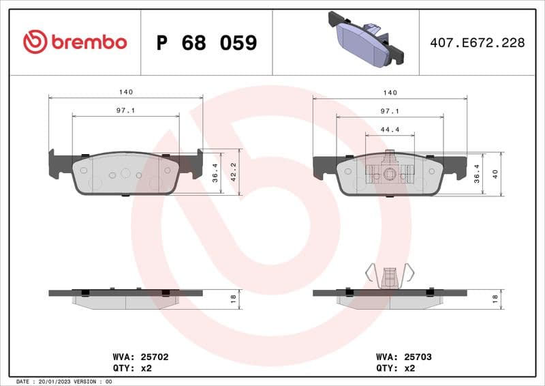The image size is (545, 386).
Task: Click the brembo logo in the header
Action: pyautogui.click(x=75, y=42)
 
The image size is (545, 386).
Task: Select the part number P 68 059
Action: pyautogui.click(x=206, y=43)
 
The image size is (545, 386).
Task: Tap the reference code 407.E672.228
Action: pyautogui.click(x=477, y=43)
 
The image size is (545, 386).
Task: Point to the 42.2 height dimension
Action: pyautogui.click(x=233, y=173)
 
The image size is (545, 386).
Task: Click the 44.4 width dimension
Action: pyautogui.click(x=390, y=129)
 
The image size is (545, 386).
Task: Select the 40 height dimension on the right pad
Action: pyautogui.click(x=496, y=174)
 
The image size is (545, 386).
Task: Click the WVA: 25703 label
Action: pyautogui.click(x=404, y=357)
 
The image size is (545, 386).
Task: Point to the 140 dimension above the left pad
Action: pyautogui.click(x=125, y=92)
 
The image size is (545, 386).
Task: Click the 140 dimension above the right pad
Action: pyautogui.click(x=390, y=92)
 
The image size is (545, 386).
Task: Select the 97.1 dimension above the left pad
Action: pyautogui.click(x=125, y=110)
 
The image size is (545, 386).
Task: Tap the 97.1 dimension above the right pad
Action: pyautogui.click(x=390, y=110)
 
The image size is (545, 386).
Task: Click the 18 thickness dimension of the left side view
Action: pyautogui.click(x=233, y=297)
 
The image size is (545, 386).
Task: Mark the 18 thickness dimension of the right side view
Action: pyautogui.click(x=496, y=297)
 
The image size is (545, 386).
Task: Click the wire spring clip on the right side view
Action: pyautogui.click(x=390, y=273)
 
